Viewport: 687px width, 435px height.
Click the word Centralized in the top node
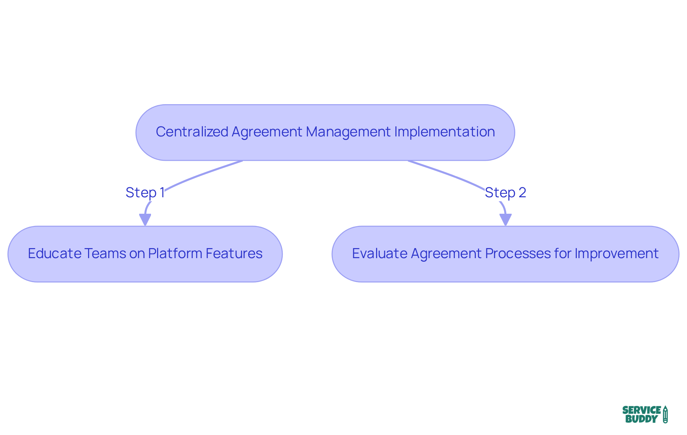tap(192, 132)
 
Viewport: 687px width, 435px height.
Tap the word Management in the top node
tap(348, 132)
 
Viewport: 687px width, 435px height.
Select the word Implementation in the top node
tap(444, 132)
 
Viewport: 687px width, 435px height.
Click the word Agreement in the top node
tap(267, 132)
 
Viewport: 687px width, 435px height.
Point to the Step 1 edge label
tap(145, 193)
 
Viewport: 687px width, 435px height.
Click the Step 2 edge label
tap(505, 193)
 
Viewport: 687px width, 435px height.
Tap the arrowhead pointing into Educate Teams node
tap(145, 219)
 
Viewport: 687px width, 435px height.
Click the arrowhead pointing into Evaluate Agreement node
tap(505, 219)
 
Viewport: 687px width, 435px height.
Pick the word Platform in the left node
tap(175, 253)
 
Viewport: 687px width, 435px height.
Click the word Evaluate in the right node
tap(379, 253)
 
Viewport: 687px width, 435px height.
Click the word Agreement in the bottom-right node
tap(446, 253)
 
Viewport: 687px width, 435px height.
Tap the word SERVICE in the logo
tap(642, 410)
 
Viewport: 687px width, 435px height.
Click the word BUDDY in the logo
tap(642, 419)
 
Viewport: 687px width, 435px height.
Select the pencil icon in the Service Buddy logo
tap(665, 415)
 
